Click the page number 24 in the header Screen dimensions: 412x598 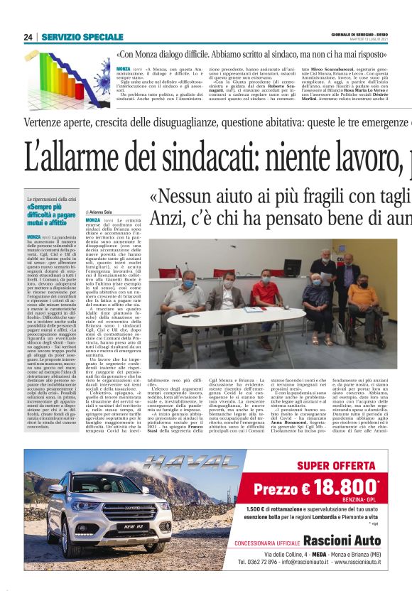tap(28, 37)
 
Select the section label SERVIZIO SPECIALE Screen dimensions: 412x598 tap(82, 37)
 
